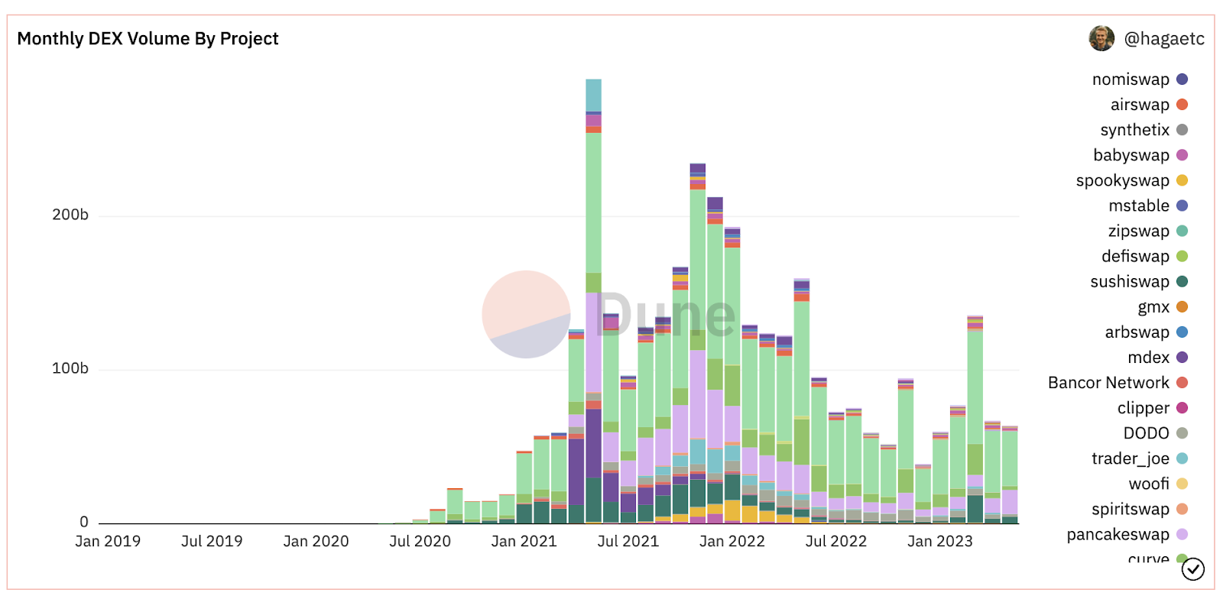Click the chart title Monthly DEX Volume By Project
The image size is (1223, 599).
148,39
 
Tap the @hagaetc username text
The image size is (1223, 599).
1163,39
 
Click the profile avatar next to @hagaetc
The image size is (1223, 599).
1101,38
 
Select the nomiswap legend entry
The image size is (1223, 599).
1131,79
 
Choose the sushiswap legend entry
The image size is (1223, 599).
1129,282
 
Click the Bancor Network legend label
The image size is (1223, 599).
1108,383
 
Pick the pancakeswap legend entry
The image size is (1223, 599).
1118,535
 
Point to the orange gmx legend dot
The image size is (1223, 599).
1182,307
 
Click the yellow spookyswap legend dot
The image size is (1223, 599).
1182,180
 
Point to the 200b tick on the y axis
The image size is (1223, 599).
70,215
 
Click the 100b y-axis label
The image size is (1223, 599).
70,368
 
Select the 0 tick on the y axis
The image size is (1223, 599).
84,522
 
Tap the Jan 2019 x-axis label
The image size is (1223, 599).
108,542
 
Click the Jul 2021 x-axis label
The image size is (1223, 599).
628,542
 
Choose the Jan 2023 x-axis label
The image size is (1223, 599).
939,542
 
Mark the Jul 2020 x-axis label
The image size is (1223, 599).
420,542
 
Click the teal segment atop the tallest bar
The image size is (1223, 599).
593,95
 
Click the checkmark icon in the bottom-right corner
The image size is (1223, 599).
1193,569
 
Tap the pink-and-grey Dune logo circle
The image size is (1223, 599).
526,314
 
